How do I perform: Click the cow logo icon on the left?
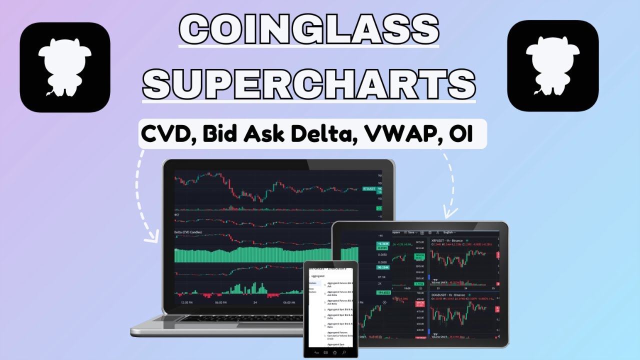click(x=65, y=67)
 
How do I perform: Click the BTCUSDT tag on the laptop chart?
click(x=368, y=188)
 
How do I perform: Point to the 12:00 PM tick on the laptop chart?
click(x=187, y=302)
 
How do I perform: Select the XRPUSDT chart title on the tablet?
click(x=440, y=240)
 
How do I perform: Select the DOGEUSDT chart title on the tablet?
click(x=442, y=295)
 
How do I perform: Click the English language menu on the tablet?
click(x=448, y=232)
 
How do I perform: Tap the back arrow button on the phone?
click(x=316, y=353)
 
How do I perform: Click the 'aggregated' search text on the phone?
click(x=318, y=276)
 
